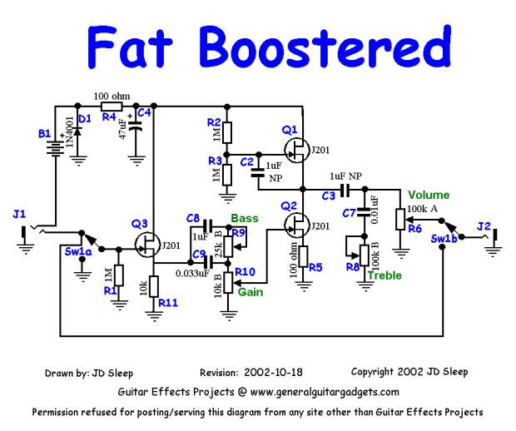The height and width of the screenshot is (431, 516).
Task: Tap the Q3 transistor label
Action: tap(140, 224)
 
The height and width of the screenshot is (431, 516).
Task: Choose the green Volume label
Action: tap(429, 196)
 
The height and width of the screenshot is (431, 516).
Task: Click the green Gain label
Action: tap(251, 293)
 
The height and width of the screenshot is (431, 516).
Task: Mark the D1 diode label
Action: tap(83, 119)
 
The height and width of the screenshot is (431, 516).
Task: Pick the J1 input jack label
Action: tap(19, 215)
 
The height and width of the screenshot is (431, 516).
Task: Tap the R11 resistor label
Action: tap(169, 304)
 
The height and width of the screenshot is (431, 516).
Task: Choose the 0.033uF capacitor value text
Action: tap(191, 272)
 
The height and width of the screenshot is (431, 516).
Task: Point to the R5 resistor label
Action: tap(315, 268)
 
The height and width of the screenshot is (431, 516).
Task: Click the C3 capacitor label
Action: tap(328, 195)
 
